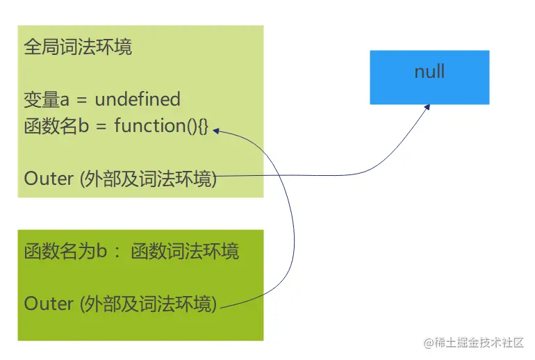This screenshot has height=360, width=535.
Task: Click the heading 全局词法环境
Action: [x=78, y=47]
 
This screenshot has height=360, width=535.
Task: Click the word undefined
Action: [x=138, y=99]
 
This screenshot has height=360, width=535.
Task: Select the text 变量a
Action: [x=42, y=99]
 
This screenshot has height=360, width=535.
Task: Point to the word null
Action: [x=429, y=72]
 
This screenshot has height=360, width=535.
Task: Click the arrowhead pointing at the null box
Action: [x=427, y=107]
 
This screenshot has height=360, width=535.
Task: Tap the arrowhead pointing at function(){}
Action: [x=215, y=129]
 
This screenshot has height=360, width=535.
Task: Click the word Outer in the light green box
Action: [x=49, y=179]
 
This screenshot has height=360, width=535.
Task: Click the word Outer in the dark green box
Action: [x=49, y=304]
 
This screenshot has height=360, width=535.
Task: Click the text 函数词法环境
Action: [x=185, y=251]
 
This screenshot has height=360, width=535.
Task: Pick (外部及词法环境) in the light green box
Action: [x=149, y=179]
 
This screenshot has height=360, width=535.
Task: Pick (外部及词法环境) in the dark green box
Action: [x=149, y=304]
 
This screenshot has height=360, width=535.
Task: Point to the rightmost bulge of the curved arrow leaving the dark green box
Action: [x=295, y=236]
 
